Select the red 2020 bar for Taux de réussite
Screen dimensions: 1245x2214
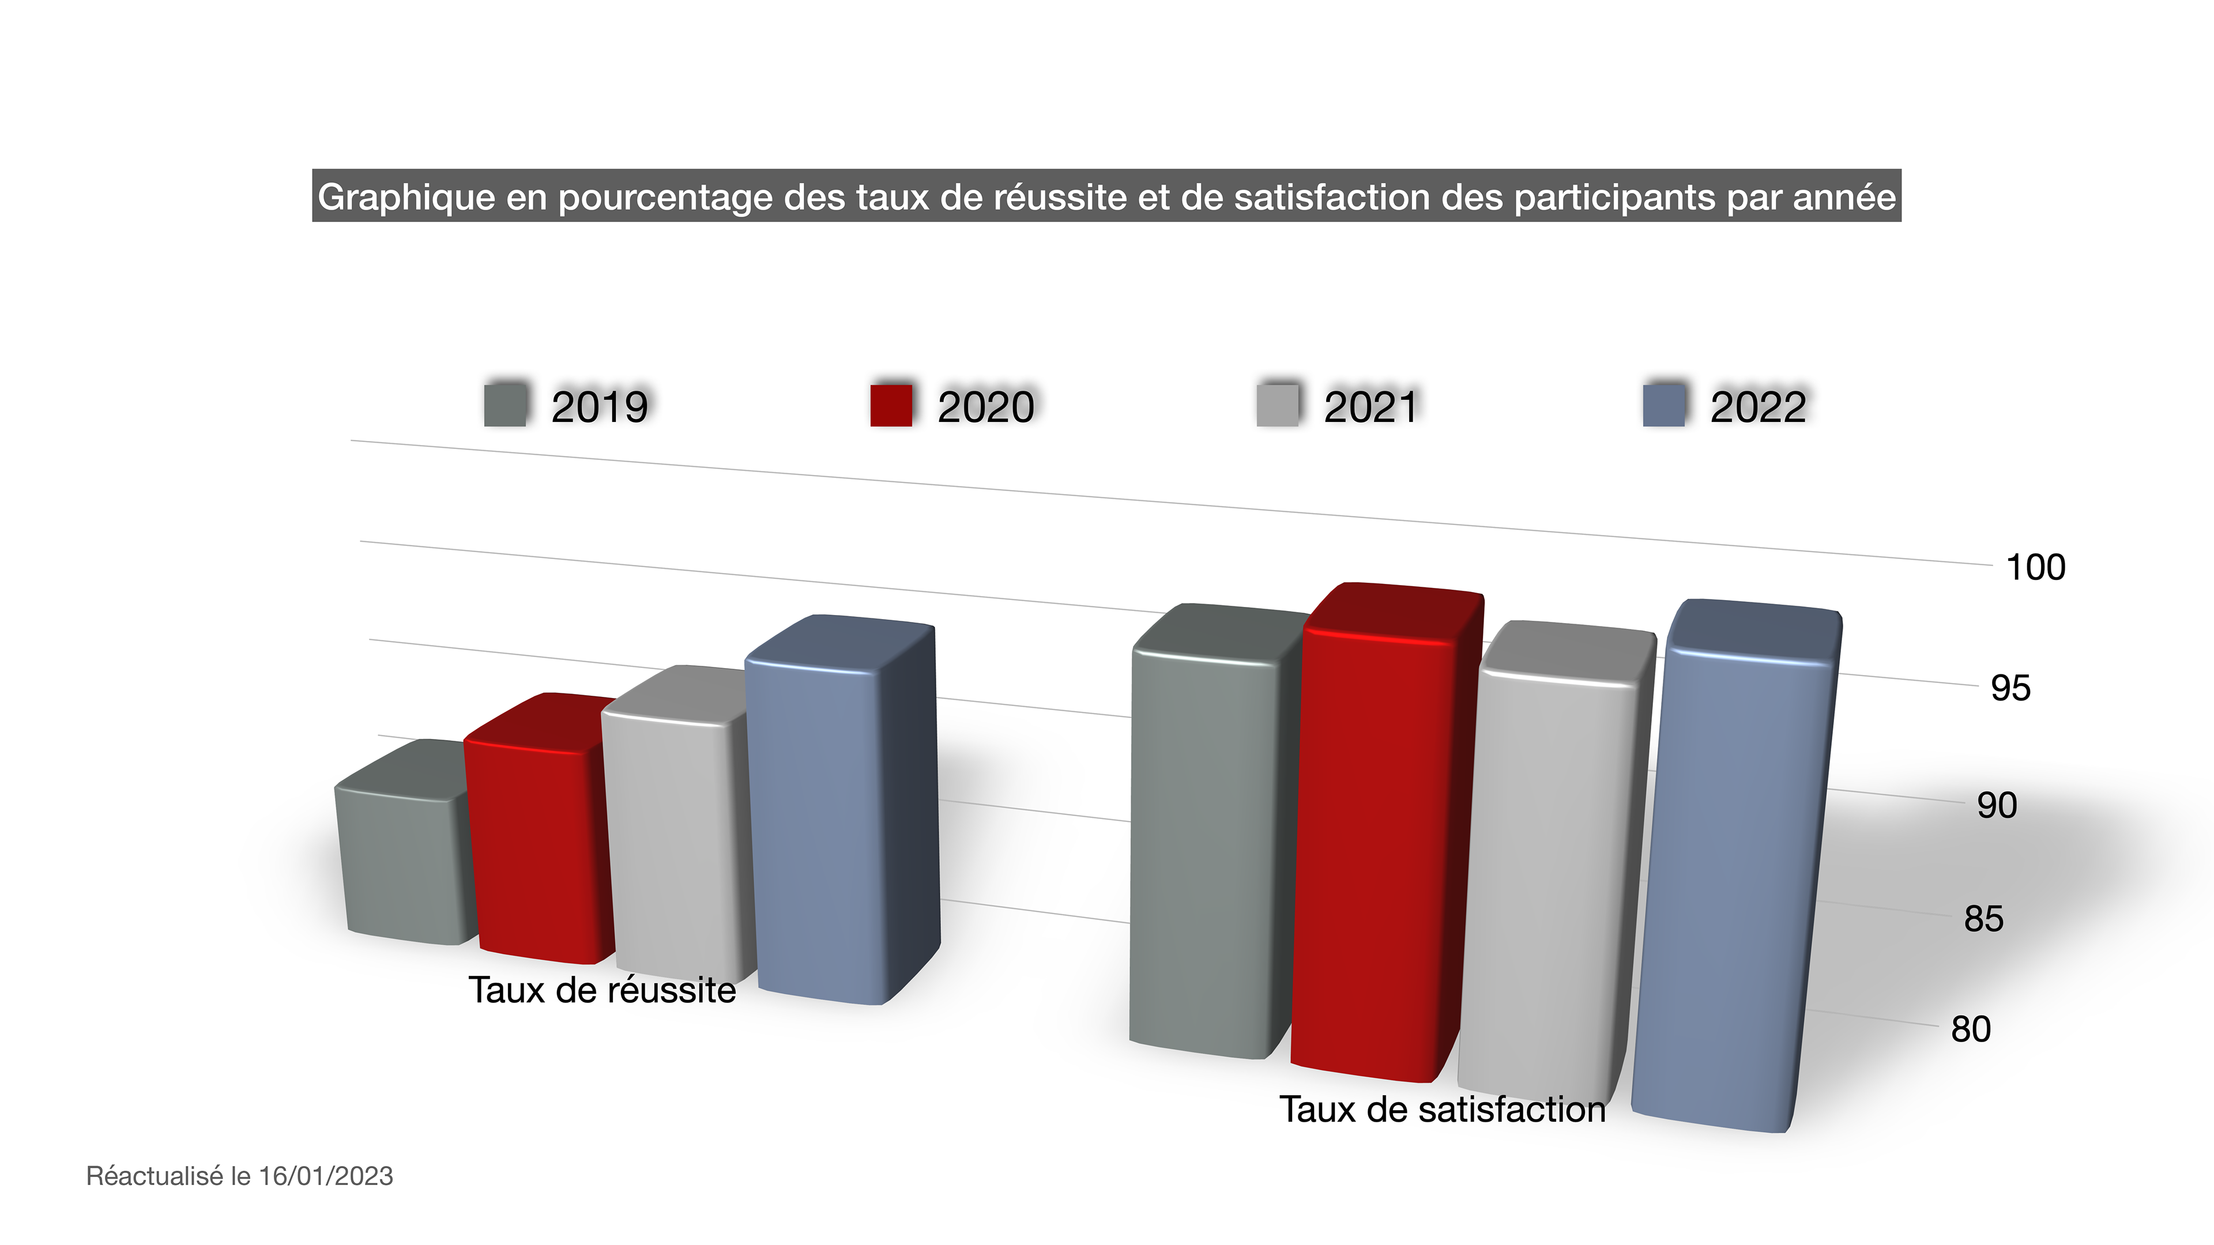537,851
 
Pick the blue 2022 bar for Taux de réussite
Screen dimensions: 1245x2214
816,825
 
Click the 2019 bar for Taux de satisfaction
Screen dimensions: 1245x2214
1207,851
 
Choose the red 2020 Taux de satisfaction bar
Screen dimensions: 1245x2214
1375,851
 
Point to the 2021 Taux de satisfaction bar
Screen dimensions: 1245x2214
1552,876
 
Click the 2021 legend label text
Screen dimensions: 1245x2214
1371,406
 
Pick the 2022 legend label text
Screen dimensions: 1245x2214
1757,406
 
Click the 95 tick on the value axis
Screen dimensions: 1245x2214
2010,688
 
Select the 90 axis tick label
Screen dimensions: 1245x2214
1997,806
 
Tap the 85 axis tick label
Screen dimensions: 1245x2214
1983,919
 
